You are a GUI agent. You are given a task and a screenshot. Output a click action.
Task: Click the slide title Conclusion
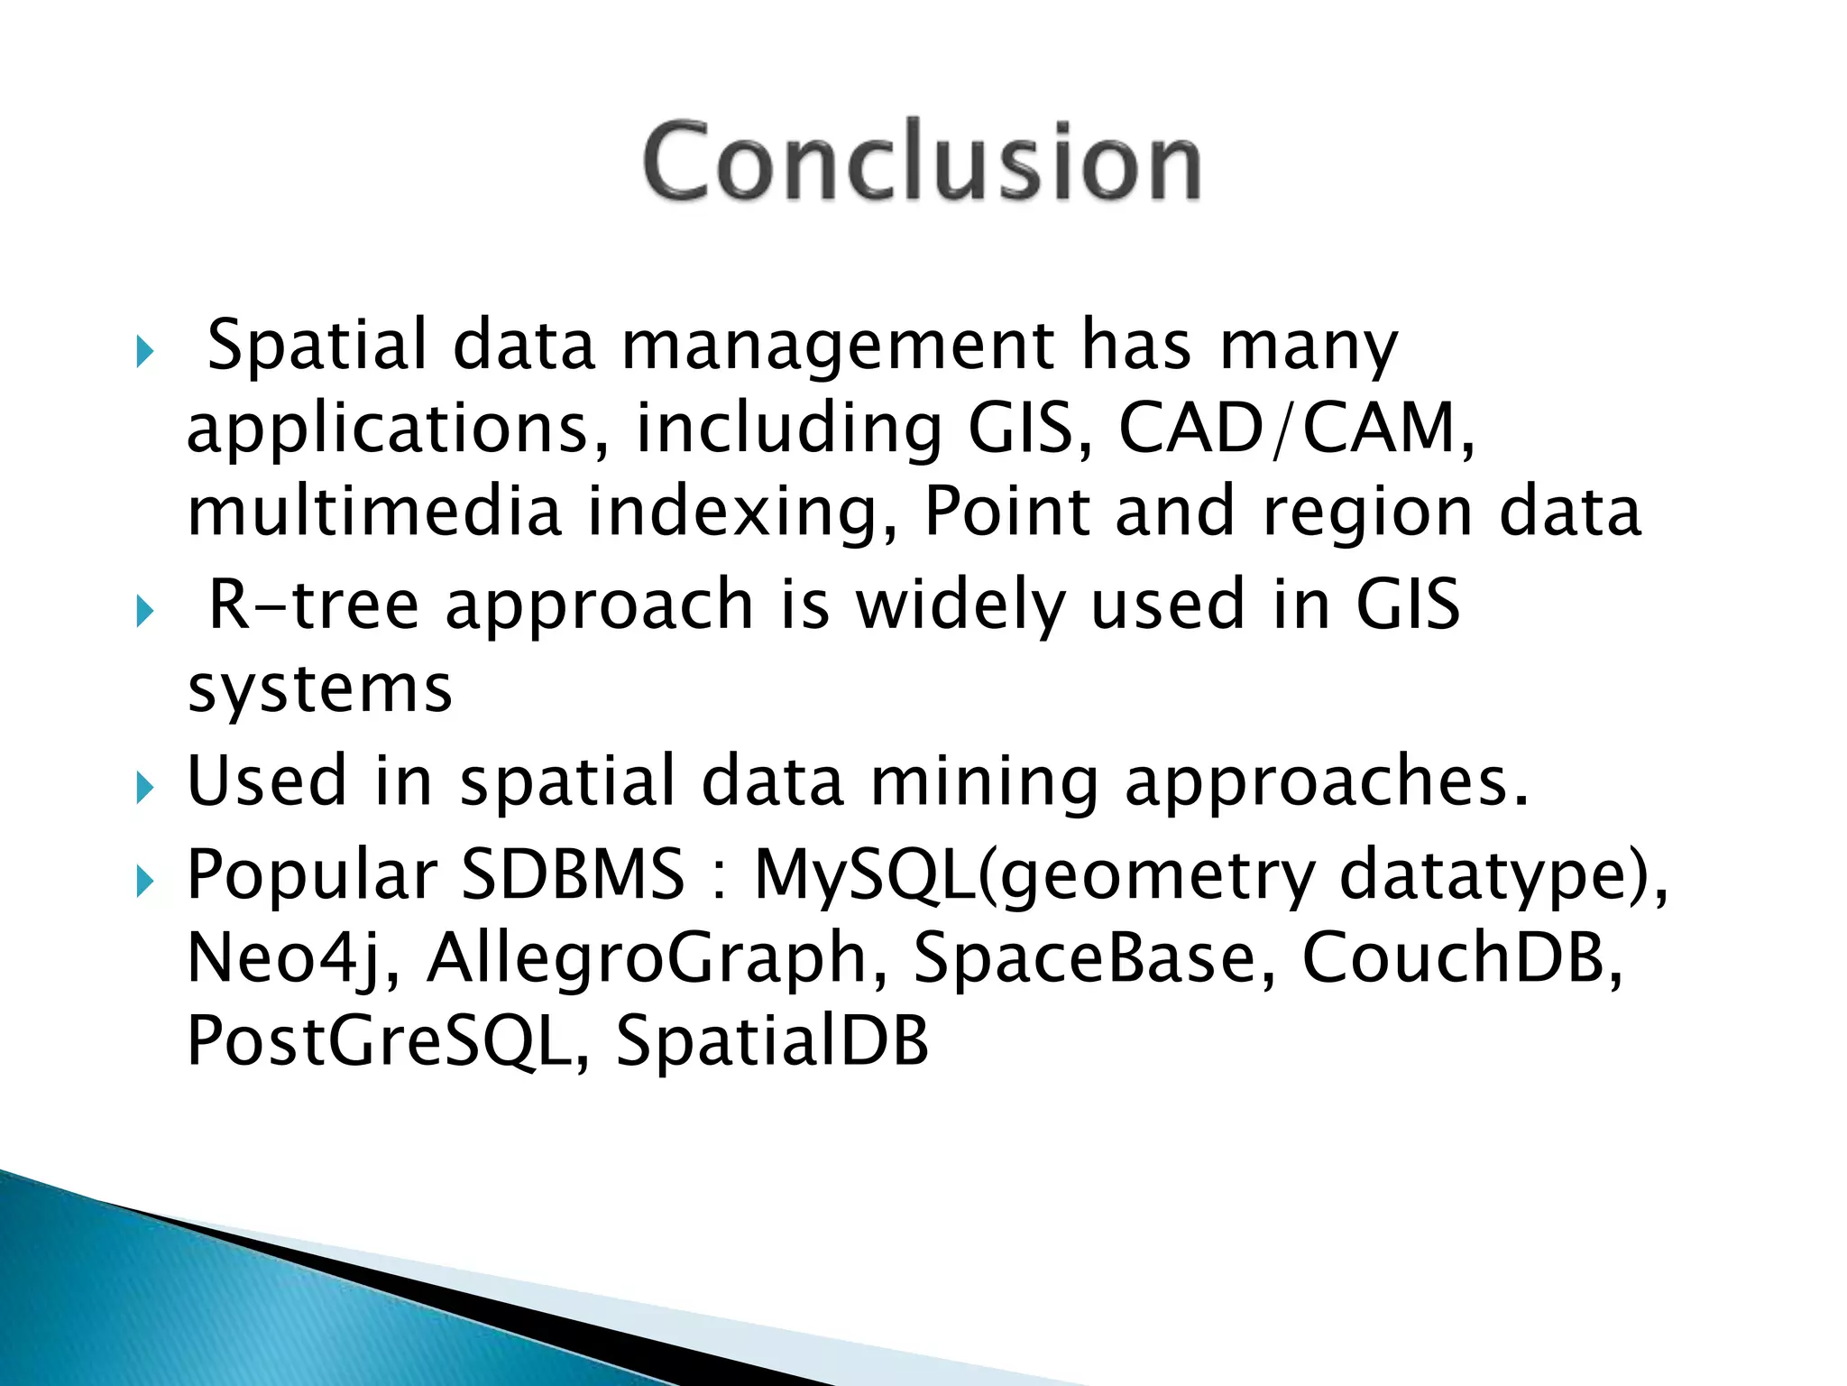point(922,162)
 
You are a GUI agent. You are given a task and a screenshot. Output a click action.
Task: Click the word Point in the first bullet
point(1006,512)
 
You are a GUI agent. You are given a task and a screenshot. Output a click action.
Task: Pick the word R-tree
point(314,605)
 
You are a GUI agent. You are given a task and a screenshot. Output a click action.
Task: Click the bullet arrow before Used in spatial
point(145,789)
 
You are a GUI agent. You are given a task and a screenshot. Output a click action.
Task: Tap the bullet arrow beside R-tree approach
point(145,614)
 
